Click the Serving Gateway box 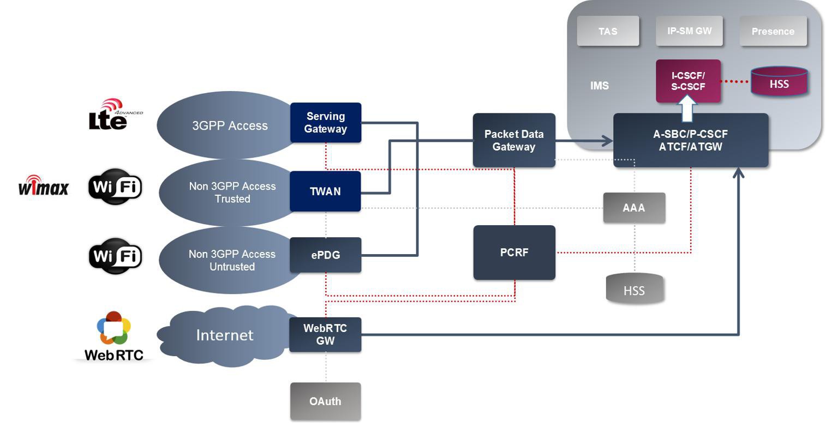pyautogui.click(x=326, y=123)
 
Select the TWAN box pyautogui.click(x=325, y=191)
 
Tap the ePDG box pyautogui.click(x=326, y=255)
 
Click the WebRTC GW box pyautogui.click(x=325, y=335)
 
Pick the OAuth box pyautogui.click(x=326, y=401)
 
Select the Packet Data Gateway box pyautogui.click(x=514, y=140)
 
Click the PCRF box pyautogui.click(x=514, y=252)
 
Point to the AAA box pyautogui.click(x=634, y=208)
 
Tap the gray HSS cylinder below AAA pyautogui.click(x=635, y=288)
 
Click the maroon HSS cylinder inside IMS pyautogui.click(x=780, y=81)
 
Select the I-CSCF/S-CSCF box pyautogui.click(x=688, y=81)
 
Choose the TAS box pyautogui.click(x=608, y=31)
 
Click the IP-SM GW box pyautogui.click(x=689, y=31)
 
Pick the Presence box pyautogui.click(x=773, y=31)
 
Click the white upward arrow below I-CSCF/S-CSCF pyautogui.click(x=687, y=109)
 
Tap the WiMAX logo pyautogui.click(x=44, y=185)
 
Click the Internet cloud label pyautogui.click(x=225, y=335)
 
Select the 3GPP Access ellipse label pyautogui.click(x=230, y=125)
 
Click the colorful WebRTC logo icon pyautogui.click(x=113, y=328)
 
